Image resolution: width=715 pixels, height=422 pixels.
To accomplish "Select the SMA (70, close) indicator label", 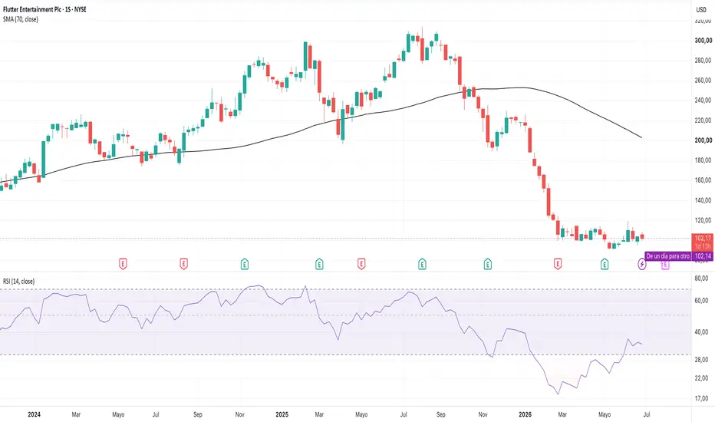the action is tap(21, 19).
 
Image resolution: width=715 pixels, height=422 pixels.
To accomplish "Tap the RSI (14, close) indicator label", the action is tap(18, 282).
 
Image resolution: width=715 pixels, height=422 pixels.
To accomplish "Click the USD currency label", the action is tap(701, 9).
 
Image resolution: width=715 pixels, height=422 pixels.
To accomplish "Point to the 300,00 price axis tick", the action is tap(703, 41).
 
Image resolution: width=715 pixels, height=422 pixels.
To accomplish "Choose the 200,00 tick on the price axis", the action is tap(703, 140).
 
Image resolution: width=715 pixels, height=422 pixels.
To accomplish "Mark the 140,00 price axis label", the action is tap(703, 200).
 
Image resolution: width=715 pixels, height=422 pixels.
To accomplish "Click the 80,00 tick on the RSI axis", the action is tap(701, 279).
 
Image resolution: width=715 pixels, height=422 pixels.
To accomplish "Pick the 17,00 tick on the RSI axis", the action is tap(701, 398).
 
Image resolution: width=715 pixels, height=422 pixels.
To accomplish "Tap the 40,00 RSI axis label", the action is tap(701, 332).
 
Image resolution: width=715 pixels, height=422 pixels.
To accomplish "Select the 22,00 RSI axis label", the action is tap(701, 378).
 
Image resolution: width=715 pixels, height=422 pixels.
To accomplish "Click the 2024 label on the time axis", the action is tap(35, 414).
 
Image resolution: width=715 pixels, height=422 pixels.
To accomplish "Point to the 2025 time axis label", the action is tap(282, 414).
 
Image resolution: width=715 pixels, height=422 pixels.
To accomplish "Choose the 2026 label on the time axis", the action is tap(526, 414).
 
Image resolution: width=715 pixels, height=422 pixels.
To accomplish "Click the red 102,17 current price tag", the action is tap(703, 242).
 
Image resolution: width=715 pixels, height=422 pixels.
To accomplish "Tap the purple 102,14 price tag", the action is tap(703, 256).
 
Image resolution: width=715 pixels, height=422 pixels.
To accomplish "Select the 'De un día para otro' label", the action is tap(668, 256).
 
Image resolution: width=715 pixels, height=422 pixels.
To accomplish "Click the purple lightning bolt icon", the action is tap(642, 264).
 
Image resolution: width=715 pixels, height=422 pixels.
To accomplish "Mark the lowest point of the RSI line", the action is tap(558, 394).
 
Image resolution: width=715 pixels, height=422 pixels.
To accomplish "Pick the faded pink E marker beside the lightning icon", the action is tap(665, 265).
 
